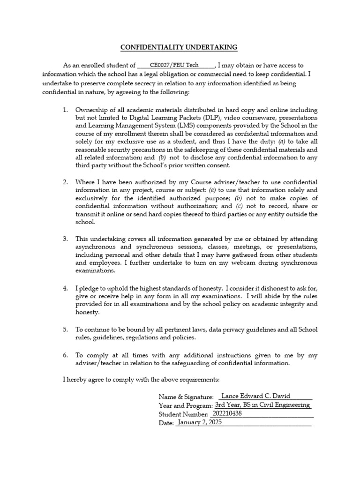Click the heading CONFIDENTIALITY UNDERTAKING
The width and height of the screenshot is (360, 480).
point(180,47)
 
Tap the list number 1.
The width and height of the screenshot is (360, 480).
point(65,110)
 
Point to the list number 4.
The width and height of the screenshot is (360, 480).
point(65,287)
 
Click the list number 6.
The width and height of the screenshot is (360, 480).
point(65,355)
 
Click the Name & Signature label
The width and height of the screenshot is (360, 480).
point(186,397)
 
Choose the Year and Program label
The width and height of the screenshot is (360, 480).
point(186,405)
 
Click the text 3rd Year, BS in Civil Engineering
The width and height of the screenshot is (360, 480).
point(262,405)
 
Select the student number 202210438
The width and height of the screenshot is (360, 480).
point(227,414)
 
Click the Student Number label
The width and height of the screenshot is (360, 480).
point(183,414)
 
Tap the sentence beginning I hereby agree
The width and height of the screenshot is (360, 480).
point(141,379)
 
